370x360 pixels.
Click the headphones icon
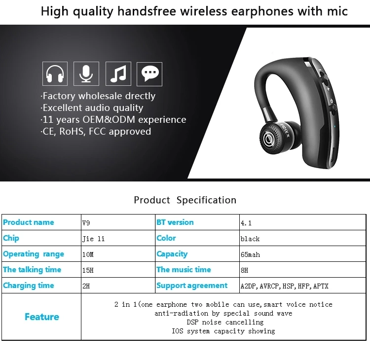55,73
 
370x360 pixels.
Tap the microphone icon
86,73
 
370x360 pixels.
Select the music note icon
118,73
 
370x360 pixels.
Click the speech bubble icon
149,74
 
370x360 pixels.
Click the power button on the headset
332,101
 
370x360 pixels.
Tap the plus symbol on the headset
328,89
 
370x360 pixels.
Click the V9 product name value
86,223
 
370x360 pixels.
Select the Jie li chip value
93,239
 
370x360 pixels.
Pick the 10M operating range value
88,254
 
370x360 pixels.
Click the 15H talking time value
88,270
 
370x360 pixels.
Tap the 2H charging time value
86,286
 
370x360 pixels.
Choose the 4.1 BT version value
246,223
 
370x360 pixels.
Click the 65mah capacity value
250,254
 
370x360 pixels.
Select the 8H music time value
245,270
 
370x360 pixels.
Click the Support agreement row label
192,286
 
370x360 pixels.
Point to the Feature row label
42,317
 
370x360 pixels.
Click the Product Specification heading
185,200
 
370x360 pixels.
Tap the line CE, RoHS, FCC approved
96,131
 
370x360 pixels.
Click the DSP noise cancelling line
225,322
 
